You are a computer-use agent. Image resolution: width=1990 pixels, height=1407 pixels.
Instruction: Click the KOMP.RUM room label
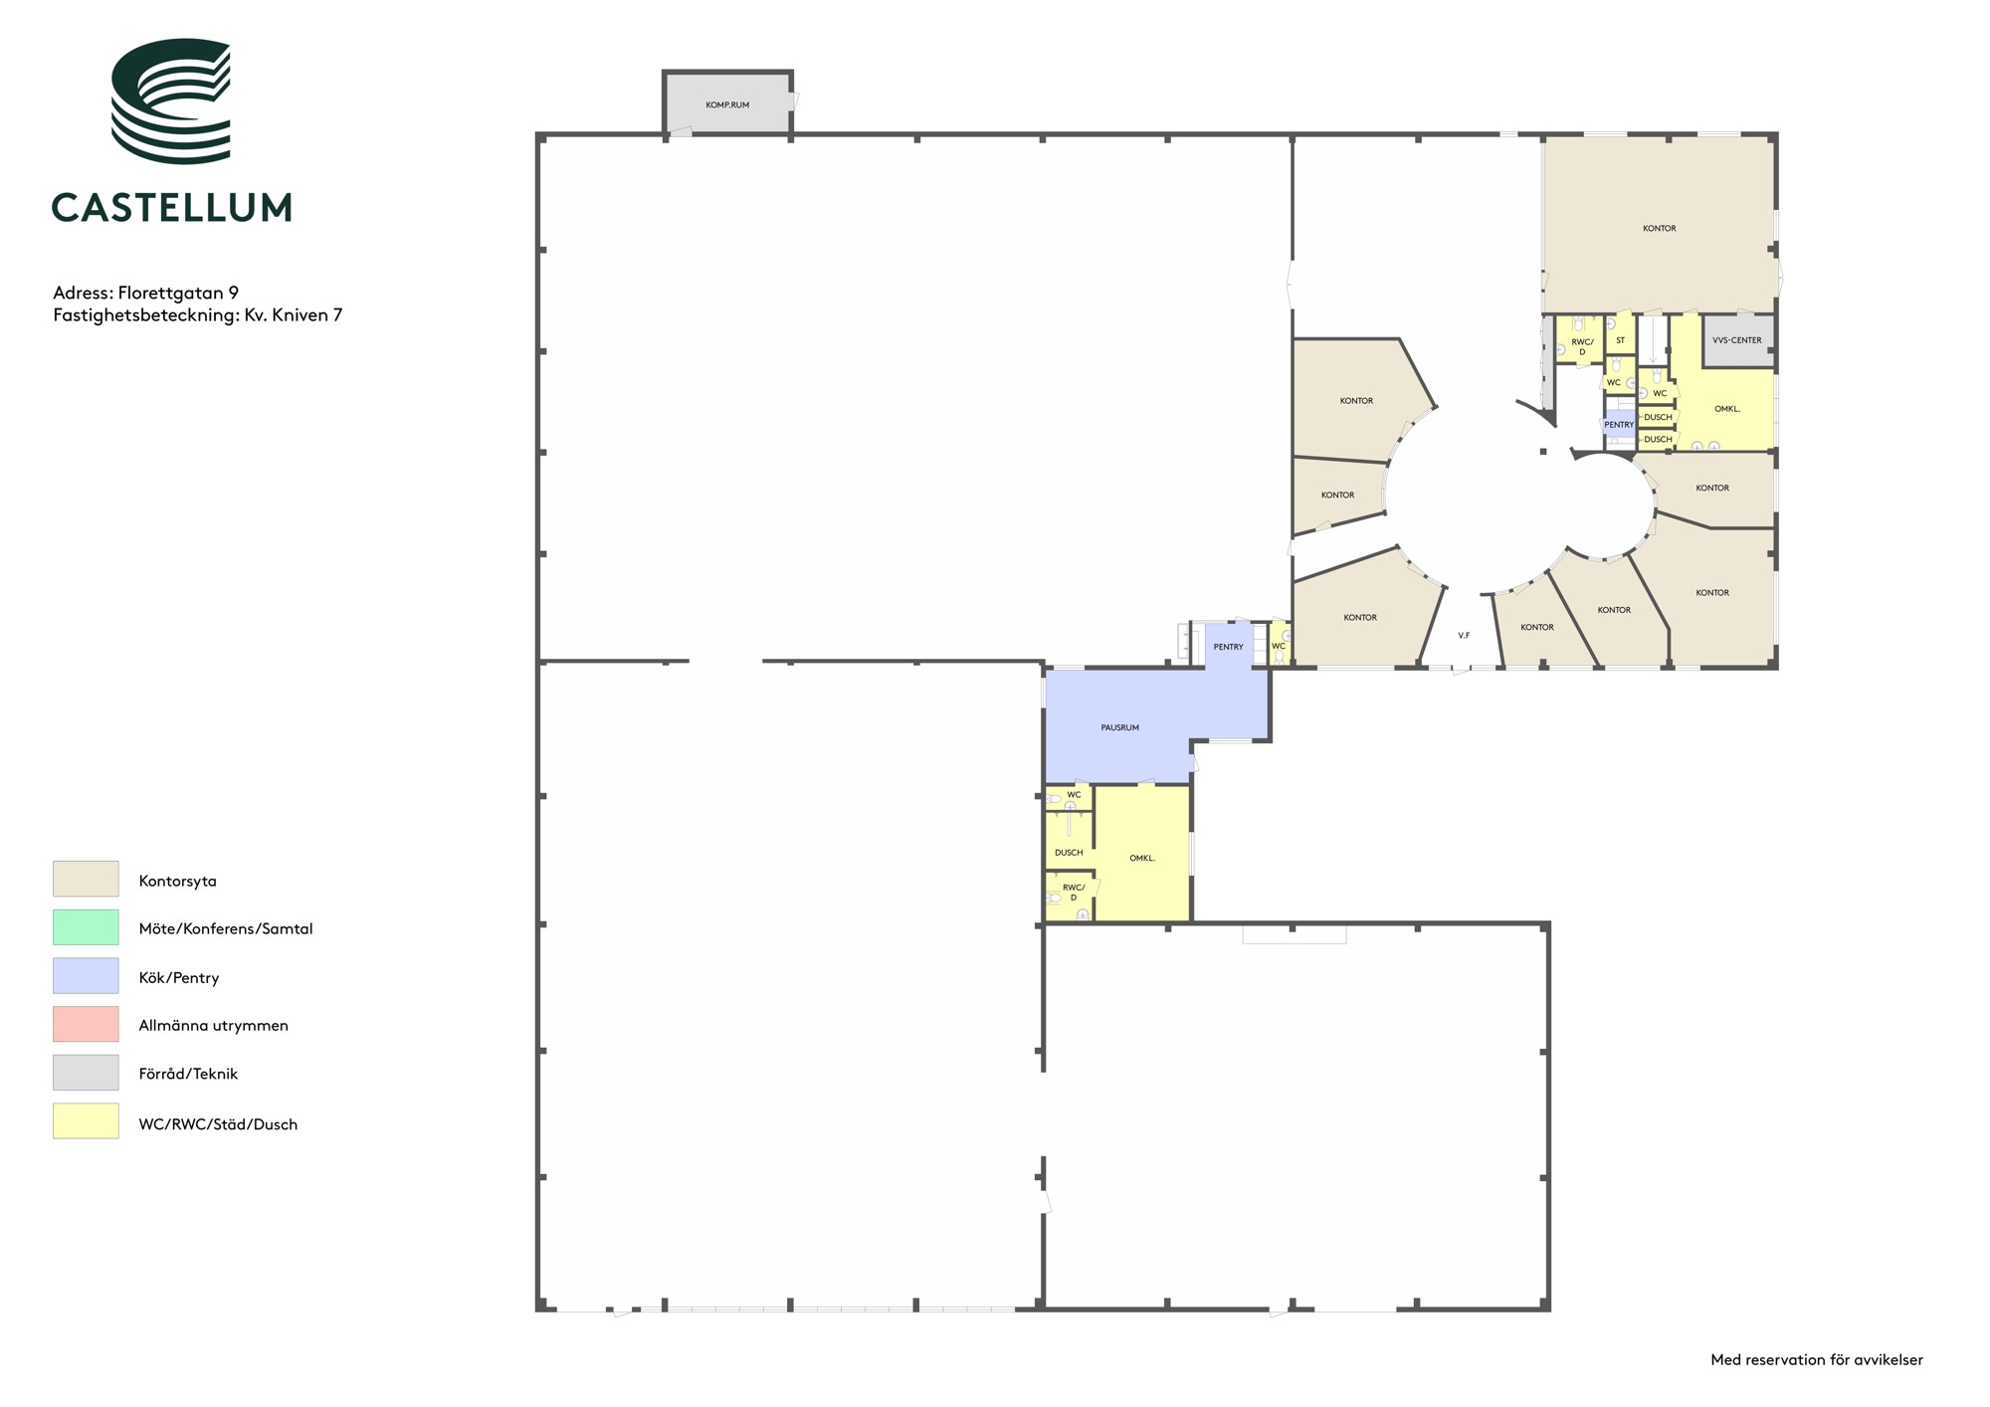[x=727, y=104]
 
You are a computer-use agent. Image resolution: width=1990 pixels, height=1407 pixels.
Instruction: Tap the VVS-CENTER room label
[x=1736, y=340]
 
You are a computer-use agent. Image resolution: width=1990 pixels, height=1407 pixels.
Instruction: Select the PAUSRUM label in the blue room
[x=1119, y=727]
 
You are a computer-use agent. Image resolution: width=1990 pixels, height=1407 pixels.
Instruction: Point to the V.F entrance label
[x=1464, y=635]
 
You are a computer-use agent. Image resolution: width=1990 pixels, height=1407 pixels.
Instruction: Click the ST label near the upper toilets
[x=1620, y=340]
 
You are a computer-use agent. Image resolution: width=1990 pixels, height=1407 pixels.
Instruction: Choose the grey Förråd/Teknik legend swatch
[x=86, y=1073]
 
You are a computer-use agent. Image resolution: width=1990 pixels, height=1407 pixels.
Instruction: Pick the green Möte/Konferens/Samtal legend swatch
[x=86, y=927]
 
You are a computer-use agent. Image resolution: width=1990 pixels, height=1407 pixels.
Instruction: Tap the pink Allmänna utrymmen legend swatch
[x=86, y=1024]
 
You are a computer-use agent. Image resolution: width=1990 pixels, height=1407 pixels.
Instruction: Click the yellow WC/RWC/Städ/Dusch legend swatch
[x=86, y=1120]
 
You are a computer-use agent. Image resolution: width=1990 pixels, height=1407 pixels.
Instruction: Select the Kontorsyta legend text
[x=177, y=881]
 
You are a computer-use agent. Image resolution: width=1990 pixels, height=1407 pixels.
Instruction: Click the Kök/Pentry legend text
[x=179, y=977]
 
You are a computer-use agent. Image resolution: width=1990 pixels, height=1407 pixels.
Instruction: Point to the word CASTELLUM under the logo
[x=171, y=207]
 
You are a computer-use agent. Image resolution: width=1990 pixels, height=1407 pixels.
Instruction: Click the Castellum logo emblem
[x=170, y=101]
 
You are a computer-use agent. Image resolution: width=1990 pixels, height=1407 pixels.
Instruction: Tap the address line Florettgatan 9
[x=145, y=293]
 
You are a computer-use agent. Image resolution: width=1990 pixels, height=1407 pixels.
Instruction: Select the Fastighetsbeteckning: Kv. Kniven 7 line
[x=197, y=314]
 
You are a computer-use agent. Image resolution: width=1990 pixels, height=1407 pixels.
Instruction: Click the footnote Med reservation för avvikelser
[x=1817, y=1359]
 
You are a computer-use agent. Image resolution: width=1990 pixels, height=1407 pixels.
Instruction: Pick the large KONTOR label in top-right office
[x=1659, y=228]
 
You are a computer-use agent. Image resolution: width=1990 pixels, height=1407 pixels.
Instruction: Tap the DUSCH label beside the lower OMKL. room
[x=1069, y=853]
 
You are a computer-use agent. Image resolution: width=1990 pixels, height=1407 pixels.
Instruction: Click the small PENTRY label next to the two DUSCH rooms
[x=1619, y=425]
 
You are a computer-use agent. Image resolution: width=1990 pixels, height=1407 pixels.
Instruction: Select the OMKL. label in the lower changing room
[x=1142, y=858]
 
